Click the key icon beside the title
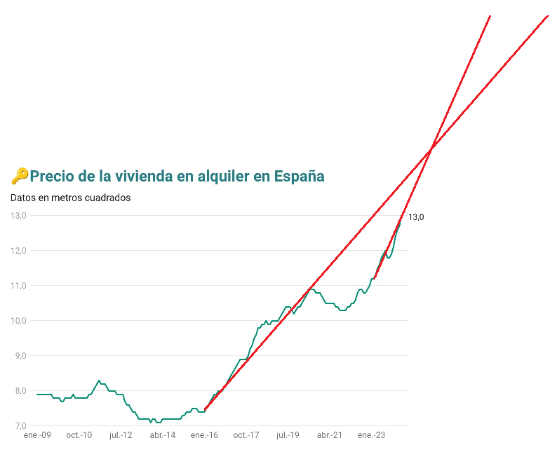(20, 176)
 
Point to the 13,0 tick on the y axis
(18, 216)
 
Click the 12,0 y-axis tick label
(18, 251)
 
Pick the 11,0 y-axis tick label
(18, 286)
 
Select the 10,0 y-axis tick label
(18, 321)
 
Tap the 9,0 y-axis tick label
(20, 356)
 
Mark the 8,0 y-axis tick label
(20, 391)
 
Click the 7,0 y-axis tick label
(20, 426)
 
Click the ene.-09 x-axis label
(37, 435)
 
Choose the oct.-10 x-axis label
(79, 435)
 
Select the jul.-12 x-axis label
(121, 435)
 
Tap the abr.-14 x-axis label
(163, 435)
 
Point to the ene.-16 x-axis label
(204, 435)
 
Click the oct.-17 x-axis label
(246, 435)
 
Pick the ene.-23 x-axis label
(371, 435)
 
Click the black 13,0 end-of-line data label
(416, 217)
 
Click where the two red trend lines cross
(431, 149)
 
